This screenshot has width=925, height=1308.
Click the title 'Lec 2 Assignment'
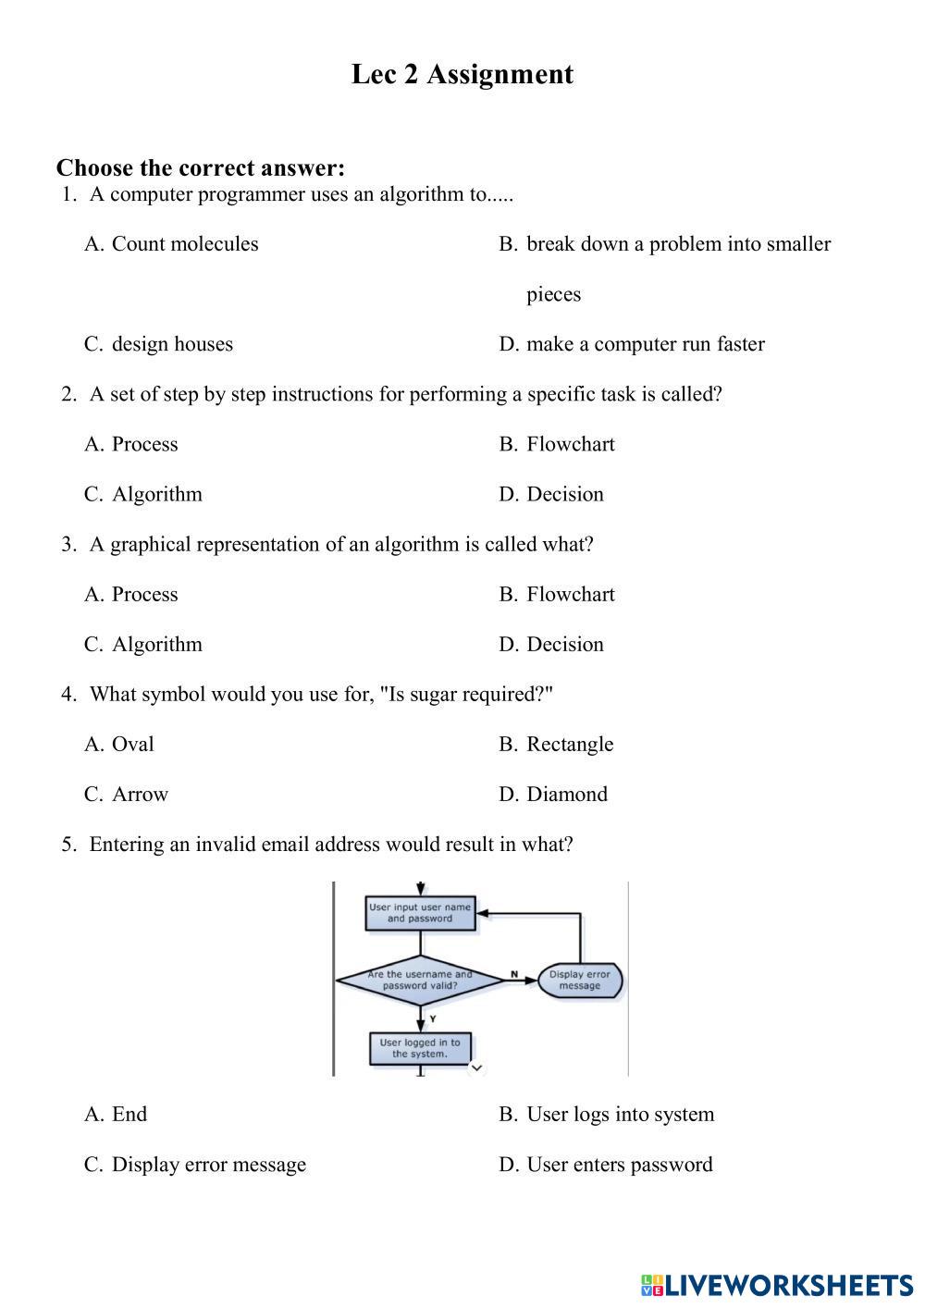462,74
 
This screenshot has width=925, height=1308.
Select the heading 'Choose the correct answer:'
200,167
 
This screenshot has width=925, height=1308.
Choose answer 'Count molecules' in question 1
184,244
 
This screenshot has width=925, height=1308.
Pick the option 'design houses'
172,344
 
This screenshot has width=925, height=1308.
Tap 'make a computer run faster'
645,344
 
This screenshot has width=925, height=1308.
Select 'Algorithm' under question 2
156,494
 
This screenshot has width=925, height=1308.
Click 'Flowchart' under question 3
570,594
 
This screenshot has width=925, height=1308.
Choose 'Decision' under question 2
564,494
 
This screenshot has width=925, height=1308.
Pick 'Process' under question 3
144,594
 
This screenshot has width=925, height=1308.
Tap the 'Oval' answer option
132,744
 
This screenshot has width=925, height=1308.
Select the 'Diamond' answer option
566,794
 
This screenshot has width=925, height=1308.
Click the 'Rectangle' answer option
569,744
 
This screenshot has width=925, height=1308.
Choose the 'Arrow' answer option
140,794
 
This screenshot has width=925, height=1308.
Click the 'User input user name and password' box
420,913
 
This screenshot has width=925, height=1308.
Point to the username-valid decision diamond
420,980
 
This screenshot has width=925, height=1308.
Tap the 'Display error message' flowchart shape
580,980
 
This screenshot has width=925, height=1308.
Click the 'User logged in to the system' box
420,1048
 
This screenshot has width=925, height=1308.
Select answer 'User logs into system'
620,1114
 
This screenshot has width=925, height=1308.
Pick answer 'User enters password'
619,1164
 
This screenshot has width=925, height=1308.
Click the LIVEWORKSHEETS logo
777,1285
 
